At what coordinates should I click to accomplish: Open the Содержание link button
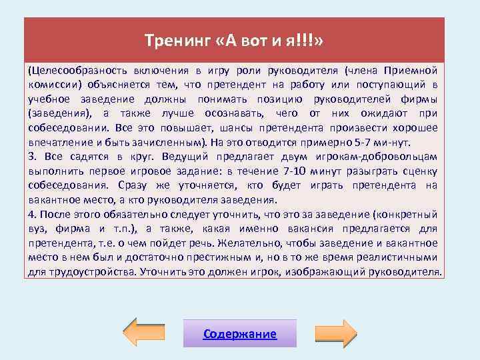point(240,333)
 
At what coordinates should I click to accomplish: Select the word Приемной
point(413,70)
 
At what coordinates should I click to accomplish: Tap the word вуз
point(39,229)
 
